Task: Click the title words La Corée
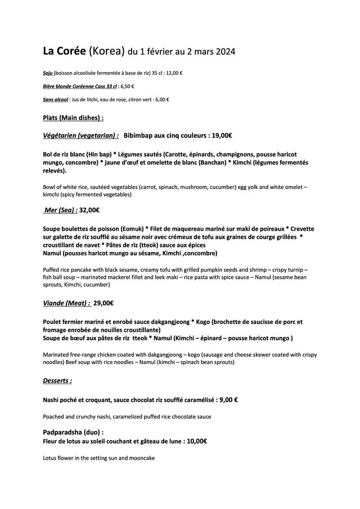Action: (64, 52)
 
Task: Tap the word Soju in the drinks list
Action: (48, 73)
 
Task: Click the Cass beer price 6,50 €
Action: (127, 86)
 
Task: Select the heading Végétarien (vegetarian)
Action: (80, 136)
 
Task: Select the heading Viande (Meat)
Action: (66, 303)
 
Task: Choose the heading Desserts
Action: (57, 380)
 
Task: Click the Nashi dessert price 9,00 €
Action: (224, 400)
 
